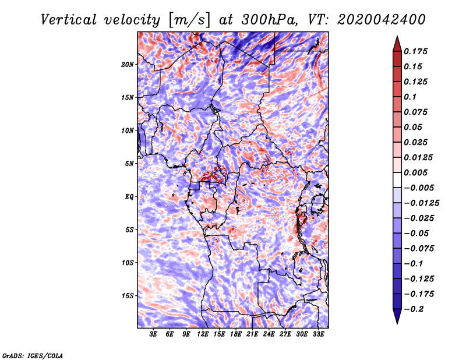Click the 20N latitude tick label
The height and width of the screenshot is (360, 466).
pos(128,64)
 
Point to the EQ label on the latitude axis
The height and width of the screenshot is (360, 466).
pos(129,197)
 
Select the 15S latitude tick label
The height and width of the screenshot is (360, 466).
pos(128,296)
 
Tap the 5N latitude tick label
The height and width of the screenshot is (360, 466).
pos(129,164)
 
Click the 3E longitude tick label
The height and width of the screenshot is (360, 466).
pos(154,334)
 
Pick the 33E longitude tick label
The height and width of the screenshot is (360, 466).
pos(319,334)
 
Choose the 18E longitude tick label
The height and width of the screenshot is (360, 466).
pos(236,334)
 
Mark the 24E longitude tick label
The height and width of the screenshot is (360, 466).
pos(269,334)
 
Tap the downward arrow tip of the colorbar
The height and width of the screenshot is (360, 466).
pos(397,322)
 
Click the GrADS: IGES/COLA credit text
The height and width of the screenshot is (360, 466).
pos(32,355)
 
